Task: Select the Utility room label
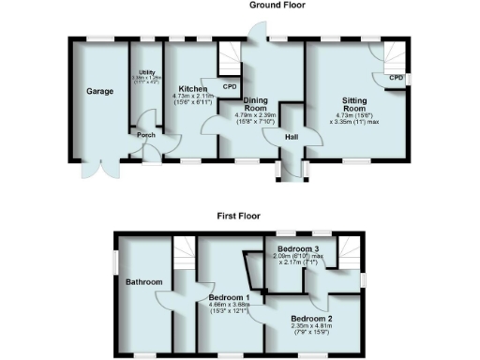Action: pyautogui.click(x=145, y=71)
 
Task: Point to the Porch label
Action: pyautogui.click(x=146, y=134)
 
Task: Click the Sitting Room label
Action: pyautogui.click(x=354, y=100)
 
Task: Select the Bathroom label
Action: pyautogui.click(x=144, y=282)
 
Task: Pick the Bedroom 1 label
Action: pyautogui.click(x=229, y=297)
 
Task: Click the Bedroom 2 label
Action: pyautogui.click(x=307, y=319)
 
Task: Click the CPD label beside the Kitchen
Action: pyautogui.click(x=230, y=87)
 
